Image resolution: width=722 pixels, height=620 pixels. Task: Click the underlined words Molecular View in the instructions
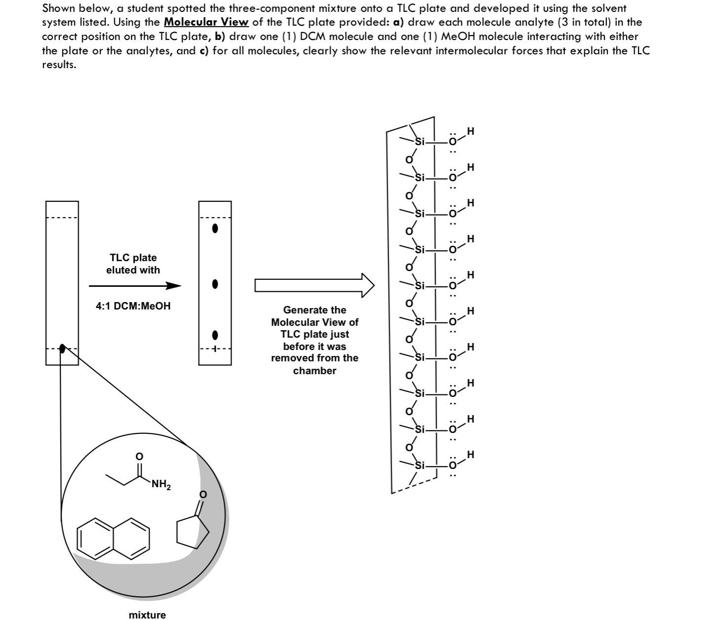206,22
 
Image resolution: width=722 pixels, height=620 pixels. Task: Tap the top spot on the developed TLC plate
215,229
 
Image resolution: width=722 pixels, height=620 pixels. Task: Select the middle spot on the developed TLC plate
215,284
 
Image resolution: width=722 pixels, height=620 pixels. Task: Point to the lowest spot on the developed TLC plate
215,335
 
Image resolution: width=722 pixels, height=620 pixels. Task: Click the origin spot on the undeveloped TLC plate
62,349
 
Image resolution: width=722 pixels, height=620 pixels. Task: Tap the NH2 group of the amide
160,485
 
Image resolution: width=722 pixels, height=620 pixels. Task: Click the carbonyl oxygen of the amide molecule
139,457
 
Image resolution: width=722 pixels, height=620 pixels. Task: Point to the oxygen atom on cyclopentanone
202,495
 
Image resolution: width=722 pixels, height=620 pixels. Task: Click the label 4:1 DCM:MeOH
133,306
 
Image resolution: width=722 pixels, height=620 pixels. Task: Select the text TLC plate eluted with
133,264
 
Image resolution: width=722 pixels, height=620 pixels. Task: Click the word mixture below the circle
147,615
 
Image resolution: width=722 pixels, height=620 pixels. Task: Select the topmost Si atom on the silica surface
419,142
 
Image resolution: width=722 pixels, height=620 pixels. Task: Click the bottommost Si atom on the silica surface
419,465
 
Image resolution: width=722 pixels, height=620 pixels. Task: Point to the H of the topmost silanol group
471,131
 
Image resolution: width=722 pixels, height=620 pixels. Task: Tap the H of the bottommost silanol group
471,454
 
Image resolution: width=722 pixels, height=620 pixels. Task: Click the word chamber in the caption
315,371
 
